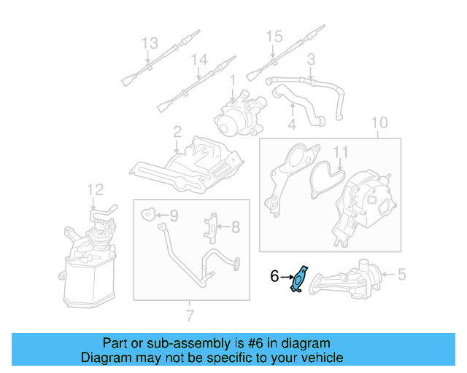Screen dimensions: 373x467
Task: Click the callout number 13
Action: click(149, 44)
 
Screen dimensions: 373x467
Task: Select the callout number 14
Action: click(199, 60)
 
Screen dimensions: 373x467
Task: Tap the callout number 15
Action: click(273, 36)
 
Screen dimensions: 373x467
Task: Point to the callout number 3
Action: click(311, 59)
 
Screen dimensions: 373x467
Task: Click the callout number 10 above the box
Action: click(379, 122)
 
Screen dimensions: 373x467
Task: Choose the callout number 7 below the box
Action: click(190, 315)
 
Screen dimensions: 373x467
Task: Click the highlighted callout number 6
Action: click(274, 276)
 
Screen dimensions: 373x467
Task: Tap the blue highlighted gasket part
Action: click(300, 280)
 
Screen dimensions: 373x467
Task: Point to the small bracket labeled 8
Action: click(212, 227)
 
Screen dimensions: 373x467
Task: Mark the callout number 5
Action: click(400, 275)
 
